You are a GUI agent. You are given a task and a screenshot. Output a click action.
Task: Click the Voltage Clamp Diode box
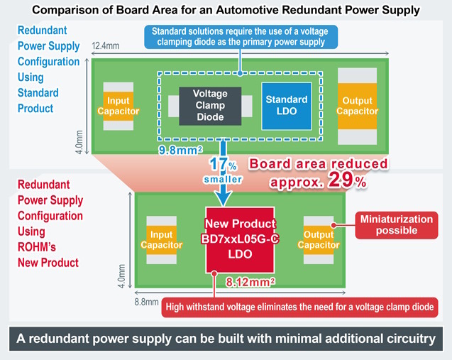click(x=210, y=106)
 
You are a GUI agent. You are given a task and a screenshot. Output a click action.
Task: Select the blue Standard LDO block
click(x=287, y=107)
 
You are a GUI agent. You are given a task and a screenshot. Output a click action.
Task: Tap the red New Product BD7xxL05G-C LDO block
click(x=240, y=240)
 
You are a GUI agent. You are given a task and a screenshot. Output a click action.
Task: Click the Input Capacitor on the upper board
click(x=118, y=107)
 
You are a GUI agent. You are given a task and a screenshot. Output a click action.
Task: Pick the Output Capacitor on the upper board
click(x=357, y=107)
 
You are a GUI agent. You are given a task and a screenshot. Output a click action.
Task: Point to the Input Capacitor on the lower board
click(x=162, y=240)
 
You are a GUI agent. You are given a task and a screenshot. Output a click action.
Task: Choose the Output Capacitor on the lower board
click(x=319, y=240)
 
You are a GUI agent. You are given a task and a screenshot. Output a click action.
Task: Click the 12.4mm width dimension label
click(x=106, y=46)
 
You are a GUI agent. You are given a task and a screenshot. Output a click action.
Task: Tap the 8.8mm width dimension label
click(x=146, y=302)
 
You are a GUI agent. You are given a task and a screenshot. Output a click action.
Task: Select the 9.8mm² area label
click(x=180, y=150)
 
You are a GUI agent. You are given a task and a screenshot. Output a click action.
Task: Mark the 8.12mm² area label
click(x=250, y=282)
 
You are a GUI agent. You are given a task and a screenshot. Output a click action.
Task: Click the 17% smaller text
click(x=223, y=170)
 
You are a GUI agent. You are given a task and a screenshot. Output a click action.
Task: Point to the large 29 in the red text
click(x=341, y=180)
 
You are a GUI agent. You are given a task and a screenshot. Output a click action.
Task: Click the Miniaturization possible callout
click(x=397, y=225)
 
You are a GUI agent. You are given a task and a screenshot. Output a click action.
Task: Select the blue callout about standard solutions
click(x=241, y=37)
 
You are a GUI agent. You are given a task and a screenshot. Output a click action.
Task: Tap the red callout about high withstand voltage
click(x=299, y=307)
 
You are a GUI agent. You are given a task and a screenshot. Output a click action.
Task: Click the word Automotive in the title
click(x=247, y=10)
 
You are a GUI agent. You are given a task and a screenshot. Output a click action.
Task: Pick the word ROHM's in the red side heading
click(x=37, y=247)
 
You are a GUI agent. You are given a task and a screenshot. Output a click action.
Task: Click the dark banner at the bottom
click(x=226, y=339)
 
